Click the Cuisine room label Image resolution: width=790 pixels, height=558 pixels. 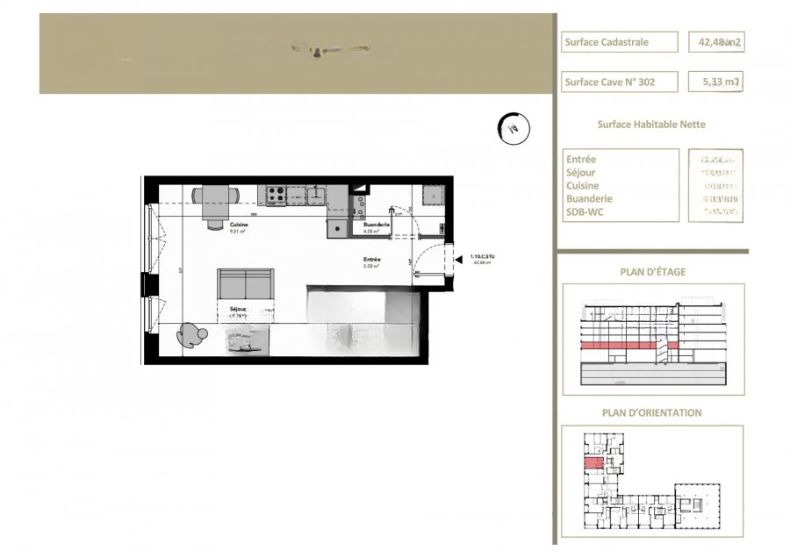[238, 225]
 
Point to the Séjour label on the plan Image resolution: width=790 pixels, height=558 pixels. [238, 310]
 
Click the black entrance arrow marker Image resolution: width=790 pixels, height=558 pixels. [458, 258]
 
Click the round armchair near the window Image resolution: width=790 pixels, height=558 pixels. [190, 334]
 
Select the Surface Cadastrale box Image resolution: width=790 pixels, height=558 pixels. [620, 41]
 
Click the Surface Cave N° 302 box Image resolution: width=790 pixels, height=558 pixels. [620, 82]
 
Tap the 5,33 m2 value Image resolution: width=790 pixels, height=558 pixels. [715, 82]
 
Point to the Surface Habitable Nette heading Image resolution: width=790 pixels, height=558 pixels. [650, 125]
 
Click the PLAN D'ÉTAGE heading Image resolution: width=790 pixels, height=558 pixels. [652, 272]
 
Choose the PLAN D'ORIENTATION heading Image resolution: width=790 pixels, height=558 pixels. [651, 412]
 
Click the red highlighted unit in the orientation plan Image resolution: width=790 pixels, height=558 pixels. [594, 463]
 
